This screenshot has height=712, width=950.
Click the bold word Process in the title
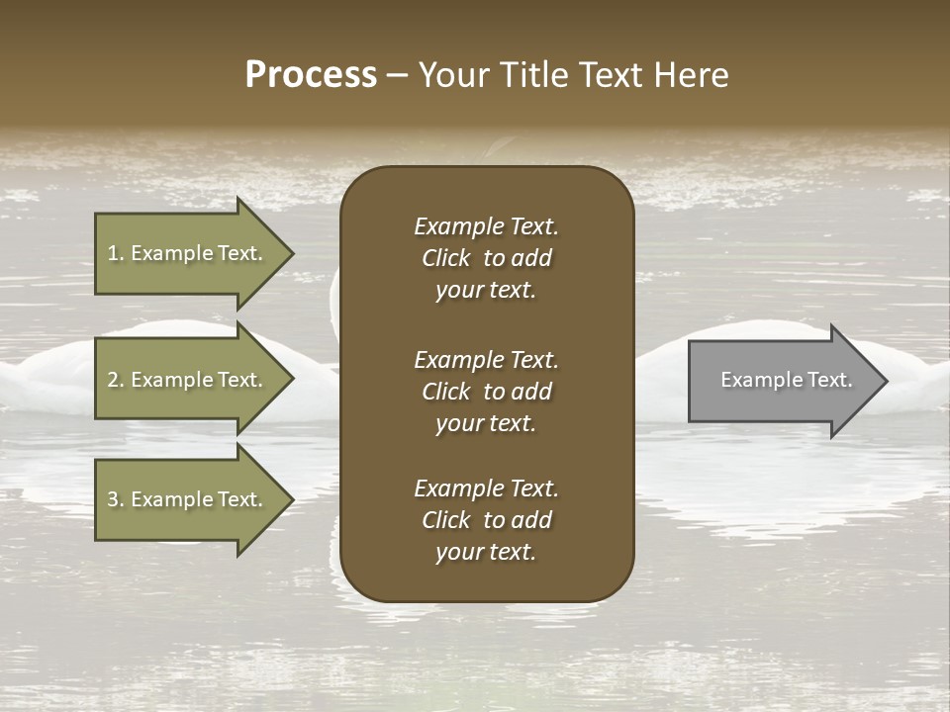[311, 75]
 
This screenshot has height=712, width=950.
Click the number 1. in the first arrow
[116, 253]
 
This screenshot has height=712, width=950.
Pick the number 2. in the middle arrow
[116, 380]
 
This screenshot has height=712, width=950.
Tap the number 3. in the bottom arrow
[116, 499]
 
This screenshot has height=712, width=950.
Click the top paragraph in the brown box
[486, 258]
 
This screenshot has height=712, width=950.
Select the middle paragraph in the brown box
[486, 392]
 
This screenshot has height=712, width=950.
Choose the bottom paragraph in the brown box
[486, 520]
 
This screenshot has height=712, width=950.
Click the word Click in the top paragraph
[446, 258]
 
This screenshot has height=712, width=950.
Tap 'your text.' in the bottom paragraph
[486, 552]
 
